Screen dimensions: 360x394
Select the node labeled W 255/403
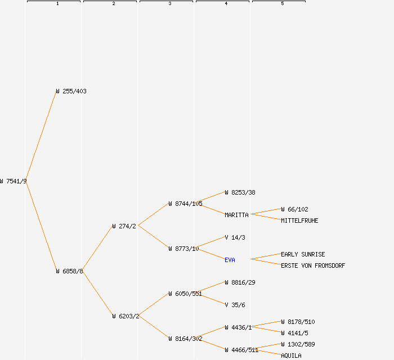71,91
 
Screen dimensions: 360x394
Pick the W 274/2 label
124,226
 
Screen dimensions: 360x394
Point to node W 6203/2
126,316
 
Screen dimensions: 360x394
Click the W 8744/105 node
185,204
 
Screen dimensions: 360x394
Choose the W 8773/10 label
183,249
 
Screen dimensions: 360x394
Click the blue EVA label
230,260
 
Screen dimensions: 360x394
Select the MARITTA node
236,215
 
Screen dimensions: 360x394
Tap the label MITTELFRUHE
299,220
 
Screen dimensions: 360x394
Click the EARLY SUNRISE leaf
303,254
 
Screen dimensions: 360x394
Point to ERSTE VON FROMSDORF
313,265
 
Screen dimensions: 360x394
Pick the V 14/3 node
235,237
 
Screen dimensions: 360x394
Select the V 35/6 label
235,305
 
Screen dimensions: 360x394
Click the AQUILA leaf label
291,355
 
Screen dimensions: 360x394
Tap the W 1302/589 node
298,344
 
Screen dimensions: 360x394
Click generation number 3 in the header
170,4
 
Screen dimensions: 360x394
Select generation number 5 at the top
283,4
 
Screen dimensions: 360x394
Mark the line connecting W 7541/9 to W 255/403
41,136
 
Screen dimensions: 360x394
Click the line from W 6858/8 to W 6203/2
97,294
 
